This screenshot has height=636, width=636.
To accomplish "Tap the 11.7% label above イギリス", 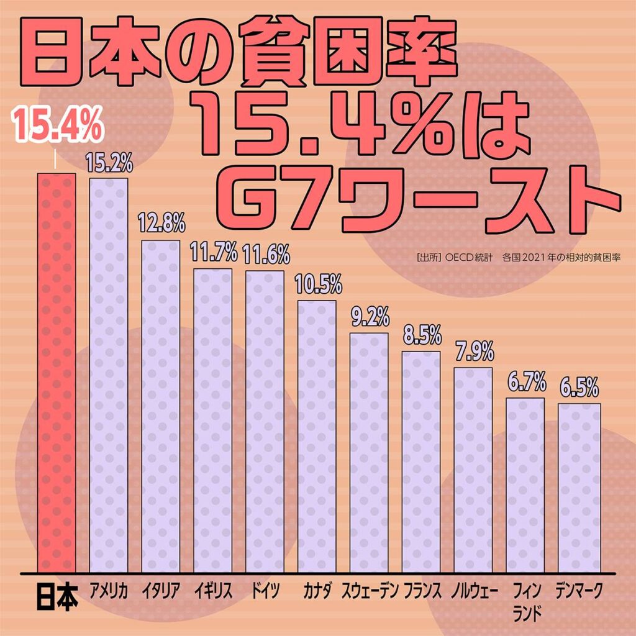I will point(213,253).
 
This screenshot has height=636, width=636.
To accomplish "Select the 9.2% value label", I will point(369,317).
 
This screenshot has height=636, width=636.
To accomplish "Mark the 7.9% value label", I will point(473,352).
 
